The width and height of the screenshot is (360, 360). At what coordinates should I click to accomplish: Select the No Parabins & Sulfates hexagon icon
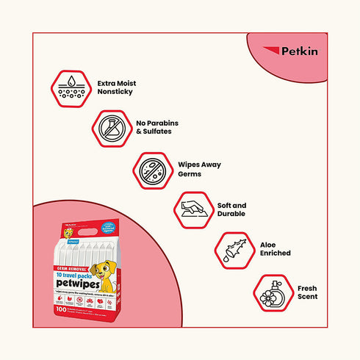point(109,129)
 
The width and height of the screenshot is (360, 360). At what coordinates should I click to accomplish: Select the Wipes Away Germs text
point(198,170)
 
